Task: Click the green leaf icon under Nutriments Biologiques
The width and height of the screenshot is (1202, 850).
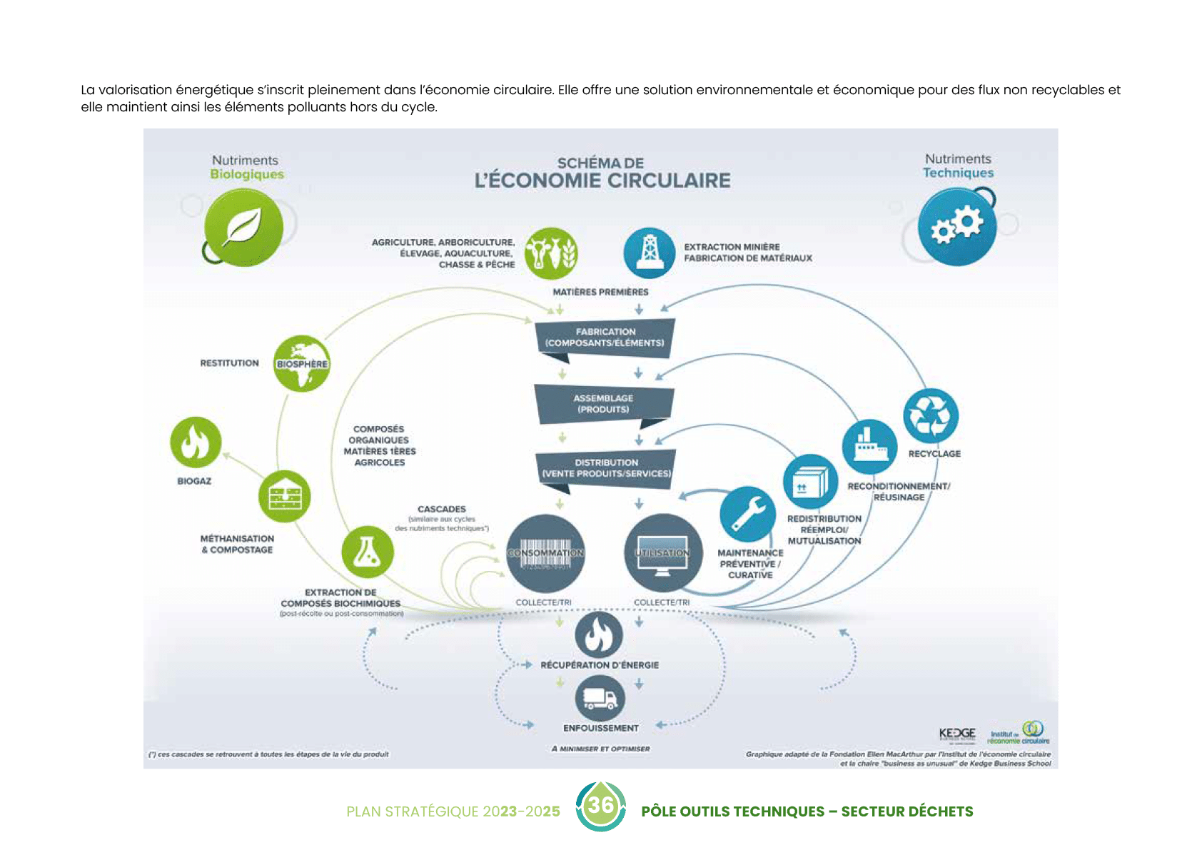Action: click(243, 228)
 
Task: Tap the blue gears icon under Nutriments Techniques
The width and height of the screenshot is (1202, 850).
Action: click(956, 227)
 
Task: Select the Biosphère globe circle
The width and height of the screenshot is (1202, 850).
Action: click(302, 363)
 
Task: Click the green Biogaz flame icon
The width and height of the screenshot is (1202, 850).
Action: click(196, 442)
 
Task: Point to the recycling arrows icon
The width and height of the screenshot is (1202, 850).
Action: click(931, 415)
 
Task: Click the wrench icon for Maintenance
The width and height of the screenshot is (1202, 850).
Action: click(747, 514)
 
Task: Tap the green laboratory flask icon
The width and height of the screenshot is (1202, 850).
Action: click(368, 552)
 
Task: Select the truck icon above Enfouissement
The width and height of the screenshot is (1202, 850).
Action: click(600, 698)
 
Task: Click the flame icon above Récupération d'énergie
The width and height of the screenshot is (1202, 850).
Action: click(599, 634)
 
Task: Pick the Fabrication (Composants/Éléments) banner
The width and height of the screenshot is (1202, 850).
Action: click(605, 337)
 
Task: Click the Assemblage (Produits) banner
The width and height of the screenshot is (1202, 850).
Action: click(604, 404)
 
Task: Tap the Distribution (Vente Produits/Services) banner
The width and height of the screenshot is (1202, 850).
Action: click(606, 468)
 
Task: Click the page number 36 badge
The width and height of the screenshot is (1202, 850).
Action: click(601, 806)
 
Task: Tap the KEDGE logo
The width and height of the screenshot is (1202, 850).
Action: click(957, 734)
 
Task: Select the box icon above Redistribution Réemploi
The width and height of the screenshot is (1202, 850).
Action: click(810, 481)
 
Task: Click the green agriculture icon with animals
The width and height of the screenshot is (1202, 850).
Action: click(551, 253)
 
